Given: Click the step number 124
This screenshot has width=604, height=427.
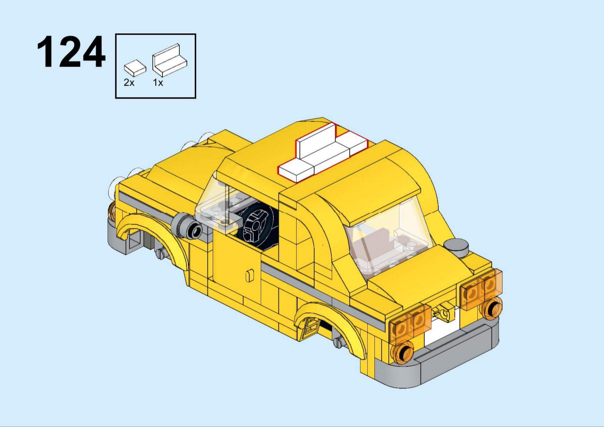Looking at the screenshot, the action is (71, 52).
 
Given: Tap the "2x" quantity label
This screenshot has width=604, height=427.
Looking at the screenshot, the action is (129, 83).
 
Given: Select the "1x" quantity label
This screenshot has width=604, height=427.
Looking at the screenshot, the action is (158, 83).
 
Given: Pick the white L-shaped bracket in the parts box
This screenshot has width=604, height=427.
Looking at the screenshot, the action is (169, 61).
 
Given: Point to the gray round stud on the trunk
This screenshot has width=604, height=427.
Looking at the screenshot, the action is (456, 247).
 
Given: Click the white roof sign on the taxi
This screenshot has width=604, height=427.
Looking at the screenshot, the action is (323, 153).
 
